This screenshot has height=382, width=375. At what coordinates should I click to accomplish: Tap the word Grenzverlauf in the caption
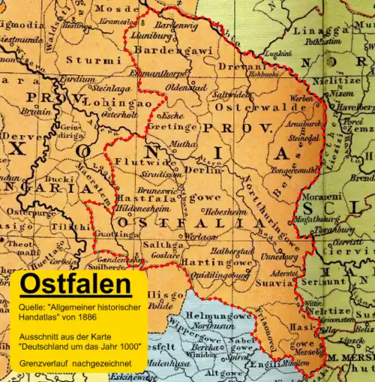43,364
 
